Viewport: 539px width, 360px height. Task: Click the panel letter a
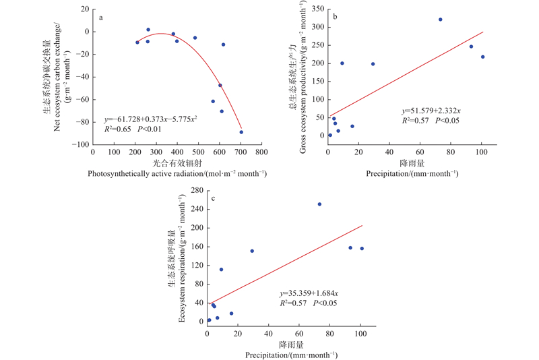click(x=101, y=18)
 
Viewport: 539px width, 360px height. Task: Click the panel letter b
click(x=336, y=16)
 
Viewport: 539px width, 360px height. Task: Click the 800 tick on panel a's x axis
click(x=261, y=153)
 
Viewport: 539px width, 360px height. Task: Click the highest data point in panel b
click(x=440, y=20)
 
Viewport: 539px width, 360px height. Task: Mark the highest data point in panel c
click(x=319, y=204)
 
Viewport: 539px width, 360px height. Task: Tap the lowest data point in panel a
click(x=241, y=131)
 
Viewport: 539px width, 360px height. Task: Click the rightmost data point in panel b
click(x=482, y=57)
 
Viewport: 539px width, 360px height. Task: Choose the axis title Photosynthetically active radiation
click(x=177, y=174)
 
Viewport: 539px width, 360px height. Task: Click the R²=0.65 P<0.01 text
click(x=135, y=129)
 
